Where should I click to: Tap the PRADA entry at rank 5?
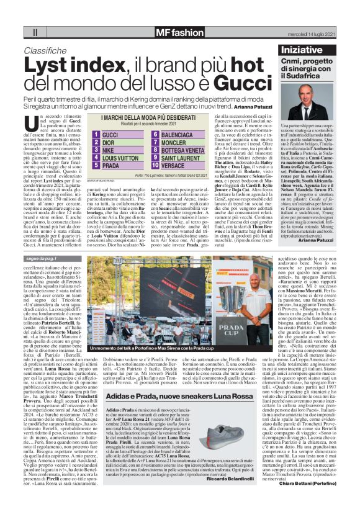tap(111, 167)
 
